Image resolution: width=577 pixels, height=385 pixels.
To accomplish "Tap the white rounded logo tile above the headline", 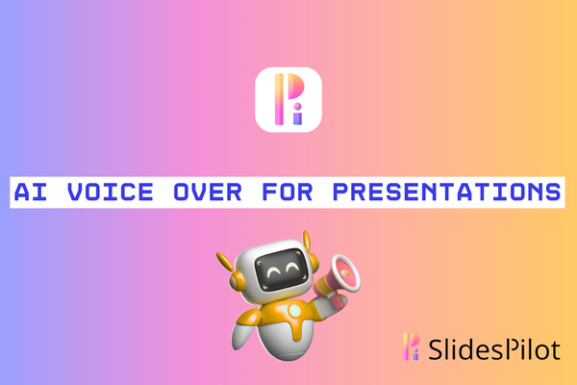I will pos(288,100).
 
